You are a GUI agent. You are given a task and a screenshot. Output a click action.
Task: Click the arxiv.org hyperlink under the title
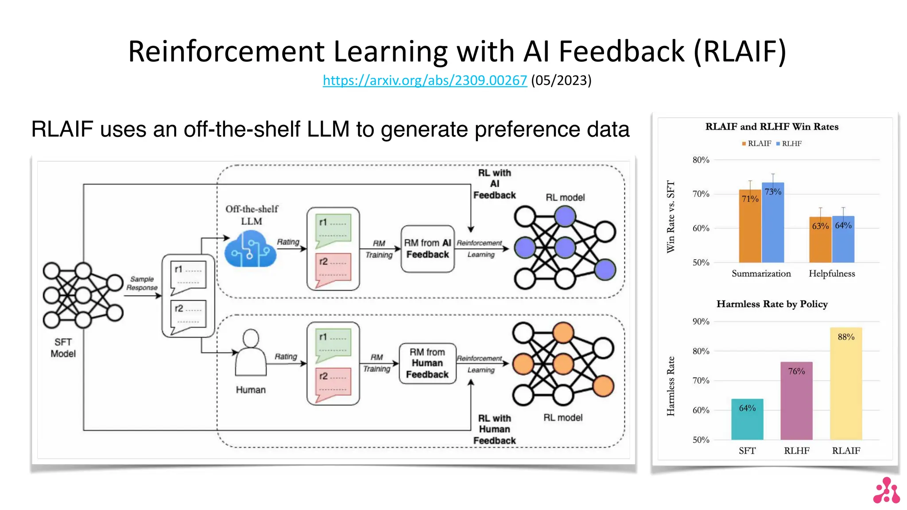(x=424, y=80)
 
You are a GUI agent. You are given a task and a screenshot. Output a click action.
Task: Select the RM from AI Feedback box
(x=427, y=249)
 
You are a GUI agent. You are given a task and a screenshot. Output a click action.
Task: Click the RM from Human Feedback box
(x=427, y=363)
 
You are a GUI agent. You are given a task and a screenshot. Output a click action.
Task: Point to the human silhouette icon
(x=251, y=354)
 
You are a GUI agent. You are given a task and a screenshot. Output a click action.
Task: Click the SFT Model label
(x=63, y=348)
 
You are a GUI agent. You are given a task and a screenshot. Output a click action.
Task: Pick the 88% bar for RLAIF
(x=845, y=383)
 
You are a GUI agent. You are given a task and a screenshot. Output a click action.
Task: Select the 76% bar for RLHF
(x=796, y=401)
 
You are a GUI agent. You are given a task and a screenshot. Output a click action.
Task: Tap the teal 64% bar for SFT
(x=747, y=419)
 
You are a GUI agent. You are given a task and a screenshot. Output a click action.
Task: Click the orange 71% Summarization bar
(x=749, y=226)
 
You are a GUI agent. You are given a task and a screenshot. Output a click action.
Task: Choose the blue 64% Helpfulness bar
(x=843, y=240)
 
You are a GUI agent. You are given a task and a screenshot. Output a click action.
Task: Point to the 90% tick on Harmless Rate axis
(x=701, y=321)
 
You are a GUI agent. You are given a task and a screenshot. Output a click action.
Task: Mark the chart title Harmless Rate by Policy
(x=772, y=304)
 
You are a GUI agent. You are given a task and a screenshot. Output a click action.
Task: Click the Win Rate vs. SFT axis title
(x=671, y=216)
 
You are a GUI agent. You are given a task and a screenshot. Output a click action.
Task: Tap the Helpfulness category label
(x=831, y=274)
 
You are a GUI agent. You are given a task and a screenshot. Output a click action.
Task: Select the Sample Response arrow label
(x=142, y=283)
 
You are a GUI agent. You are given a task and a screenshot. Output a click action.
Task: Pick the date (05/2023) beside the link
(x=561, y=80)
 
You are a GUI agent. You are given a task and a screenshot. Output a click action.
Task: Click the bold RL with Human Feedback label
(x=494, y=429)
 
